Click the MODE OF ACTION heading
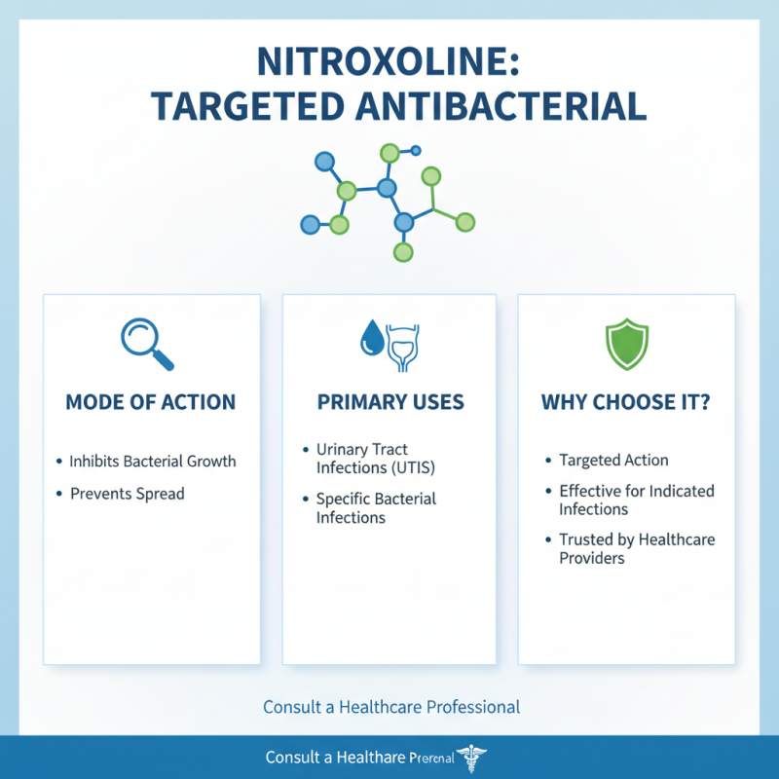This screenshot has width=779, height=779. coord(150,402)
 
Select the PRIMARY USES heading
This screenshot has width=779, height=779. coord(390,402)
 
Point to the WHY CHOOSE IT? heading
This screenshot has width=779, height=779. coord(626,402)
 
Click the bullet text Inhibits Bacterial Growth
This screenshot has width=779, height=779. coord(153,461)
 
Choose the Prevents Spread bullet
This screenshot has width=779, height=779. coord(127,494)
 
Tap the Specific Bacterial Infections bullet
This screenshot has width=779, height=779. coord(376,507)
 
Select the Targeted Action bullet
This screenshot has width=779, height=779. coord(613,461)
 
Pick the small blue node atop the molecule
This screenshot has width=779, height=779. coord(416,151)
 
